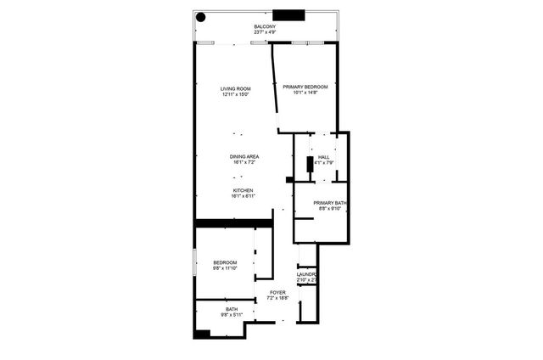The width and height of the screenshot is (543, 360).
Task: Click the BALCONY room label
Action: [265, 28]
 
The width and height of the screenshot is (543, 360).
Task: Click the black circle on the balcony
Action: [201, 16]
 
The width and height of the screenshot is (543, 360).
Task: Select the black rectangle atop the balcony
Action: [288, 14]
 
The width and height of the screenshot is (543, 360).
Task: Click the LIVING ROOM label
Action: [237, 88]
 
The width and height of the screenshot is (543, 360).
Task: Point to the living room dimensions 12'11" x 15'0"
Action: [237, 95]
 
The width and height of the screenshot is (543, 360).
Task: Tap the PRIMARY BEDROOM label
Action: [305, 87]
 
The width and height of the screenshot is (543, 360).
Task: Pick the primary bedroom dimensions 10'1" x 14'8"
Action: [305, 93]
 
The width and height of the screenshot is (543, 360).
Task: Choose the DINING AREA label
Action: [244, 156]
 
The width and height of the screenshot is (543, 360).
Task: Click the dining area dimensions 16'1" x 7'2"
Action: [244, 162]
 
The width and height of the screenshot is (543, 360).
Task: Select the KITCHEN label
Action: [244, 190]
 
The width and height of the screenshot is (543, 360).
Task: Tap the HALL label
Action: [323, 157]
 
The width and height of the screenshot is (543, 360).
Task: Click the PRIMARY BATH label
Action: [329, 202]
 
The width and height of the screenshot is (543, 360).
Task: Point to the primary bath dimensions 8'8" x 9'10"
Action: [329, 209]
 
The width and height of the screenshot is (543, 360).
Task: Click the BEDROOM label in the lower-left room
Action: [225, 262]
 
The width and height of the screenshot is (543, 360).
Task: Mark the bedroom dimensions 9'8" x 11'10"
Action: [225, 269]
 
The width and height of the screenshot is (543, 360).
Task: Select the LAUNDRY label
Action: [307, 274]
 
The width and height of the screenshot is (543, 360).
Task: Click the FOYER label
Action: [278, 292]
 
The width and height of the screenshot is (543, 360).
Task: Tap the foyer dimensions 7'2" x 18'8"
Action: [278, 298]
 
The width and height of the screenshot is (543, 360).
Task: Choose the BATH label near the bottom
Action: [232, 309]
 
